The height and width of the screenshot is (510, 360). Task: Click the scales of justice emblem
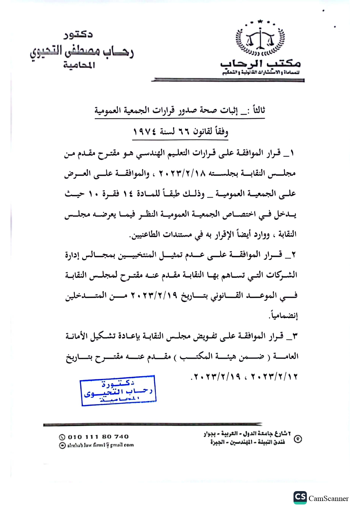[x=260, y=39]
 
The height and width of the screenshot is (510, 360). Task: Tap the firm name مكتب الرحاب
[x=260, y=63]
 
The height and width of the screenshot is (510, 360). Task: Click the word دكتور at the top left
[x=78, y=35]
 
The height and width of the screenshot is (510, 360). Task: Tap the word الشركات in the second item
[x=283, y=275]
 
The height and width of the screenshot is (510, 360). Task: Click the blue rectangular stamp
[x=118, y=390]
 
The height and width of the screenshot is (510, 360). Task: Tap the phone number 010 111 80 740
[x=98, y=436]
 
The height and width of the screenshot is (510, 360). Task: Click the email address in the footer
[x=100, y=445]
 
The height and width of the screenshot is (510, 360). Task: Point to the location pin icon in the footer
[x=298, y=439]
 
